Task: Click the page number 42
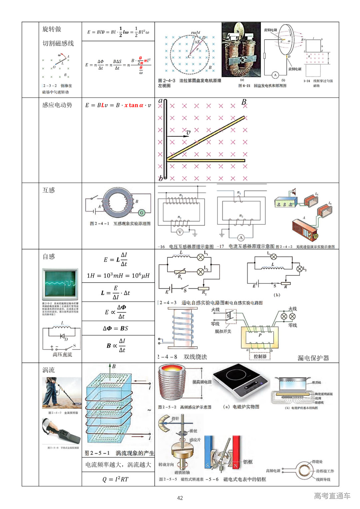tap(180, 498)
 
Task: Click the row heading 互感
tap(49, 190)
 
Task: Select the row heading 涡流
tap(49, 370)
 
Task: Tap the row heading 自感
tap(49, 256)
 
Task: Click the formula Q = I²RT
tap(115, 479)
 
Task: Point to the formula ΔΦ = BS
tap(115, 328)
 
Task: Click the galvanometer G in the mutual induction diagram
tap(142, 213)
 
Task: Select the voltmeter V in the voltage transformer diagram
tap(180, 232)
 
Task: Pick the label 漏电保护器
tap(313, 358)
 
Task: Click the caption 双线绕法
tap(195, 357)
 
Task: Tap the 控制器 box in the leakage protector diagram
tap(260, 356)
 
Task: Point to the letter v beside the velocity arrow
tap(188, 132)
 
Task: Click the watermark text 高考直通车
tap(332, 496)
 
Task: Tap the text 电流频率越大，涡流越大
tap(118, 464)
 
